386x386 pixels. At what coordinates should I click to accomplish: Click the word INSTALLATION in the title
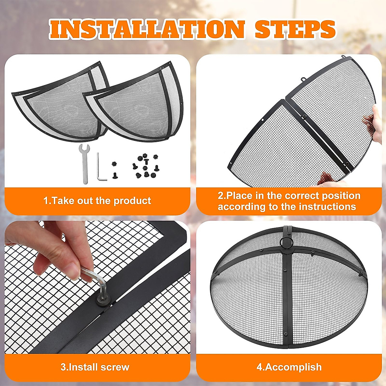pyautogui.click(x=146, y=30)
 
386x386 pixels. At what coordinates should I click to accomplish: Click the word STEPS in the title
pyautogui.click(x=295, y=30)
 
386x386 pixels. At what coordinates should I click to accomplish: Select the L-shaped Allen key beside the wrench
pyautogui.click(x=100, y=167)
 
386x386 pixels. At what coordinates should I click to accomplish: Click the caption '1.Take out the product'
pyautogui.click(x=97, y=201)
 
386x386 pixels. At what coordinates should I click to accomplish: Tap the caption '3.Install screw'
pyautogui.click(x=95, y=367)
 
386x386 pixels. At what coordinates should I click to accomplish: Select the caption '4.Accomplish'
pyautogui.click(x=289, y=367)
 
